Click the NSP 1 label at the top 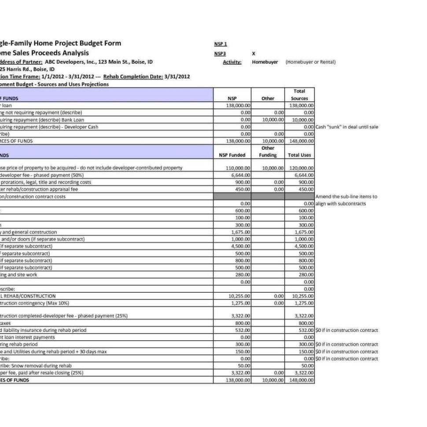click(x=220, y=44)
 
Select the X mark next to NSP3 click(x=254, y=54)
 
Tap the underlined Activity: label click(x=232, y=62)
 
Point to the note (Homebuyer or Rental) click(x=310, y=62)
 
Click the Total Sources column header click(x=299, y=95)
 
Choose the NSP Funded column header click(x=232, y=155)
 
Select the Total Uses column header click(x=299, y=155)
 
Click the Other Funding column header click(x=268, y=152)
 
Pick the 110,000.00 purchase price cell click(x=238, y=168)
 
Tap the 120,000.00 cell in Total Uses click(x=302, y=168)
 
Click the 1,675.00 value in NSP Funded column click(x=241, y=232)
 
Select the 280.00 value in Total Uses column click(x=306, y=275)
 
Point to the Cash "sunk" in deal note click(x=347, y=127)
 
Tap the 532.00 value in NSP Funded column click(x=243, y=330)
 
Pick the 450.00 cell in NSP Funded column click(x=243, y=189)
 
